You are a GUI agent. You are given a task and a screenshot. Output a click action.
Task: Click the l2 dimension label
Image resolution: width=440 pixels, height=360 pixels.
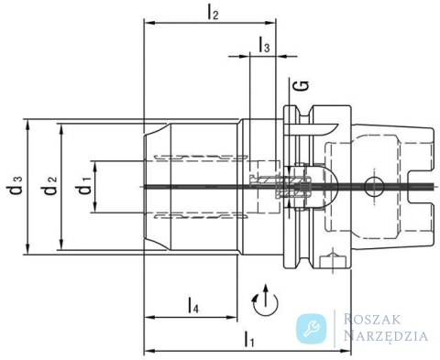tap(213, 13)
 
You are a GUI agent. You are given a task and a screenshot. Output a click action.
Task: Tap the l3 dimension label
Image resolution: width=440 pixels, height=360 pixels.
tap(265, 45)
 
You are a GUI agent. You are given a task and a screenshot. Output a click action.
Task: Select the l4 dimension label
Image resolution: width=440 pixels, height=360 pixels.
tap(192, 306)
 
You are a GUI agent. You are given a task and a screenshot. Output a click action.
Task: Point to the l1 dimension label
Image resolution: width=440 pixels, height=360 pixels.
tap(249, 339)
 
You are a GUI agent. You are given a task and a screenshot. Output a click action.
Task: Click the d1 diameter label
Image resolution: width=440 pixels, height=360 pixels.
tap(84, 185)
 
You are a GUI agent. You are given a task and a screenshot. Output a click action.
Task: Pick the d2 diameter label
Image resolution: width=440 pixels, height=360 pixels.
tap(50, 185)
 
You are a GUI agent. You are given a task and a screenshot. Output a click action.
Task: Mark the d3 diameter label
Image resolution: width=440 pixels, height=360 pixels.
tap(15, 185)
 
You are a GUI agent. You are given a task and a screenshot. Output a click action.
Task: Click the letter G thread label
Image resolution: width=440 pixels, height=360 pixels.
tap(302, 86)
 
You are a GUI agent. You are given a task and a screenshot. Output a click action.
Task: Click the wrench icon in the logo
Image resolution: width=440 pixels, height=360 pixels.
tap(312, 329)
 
